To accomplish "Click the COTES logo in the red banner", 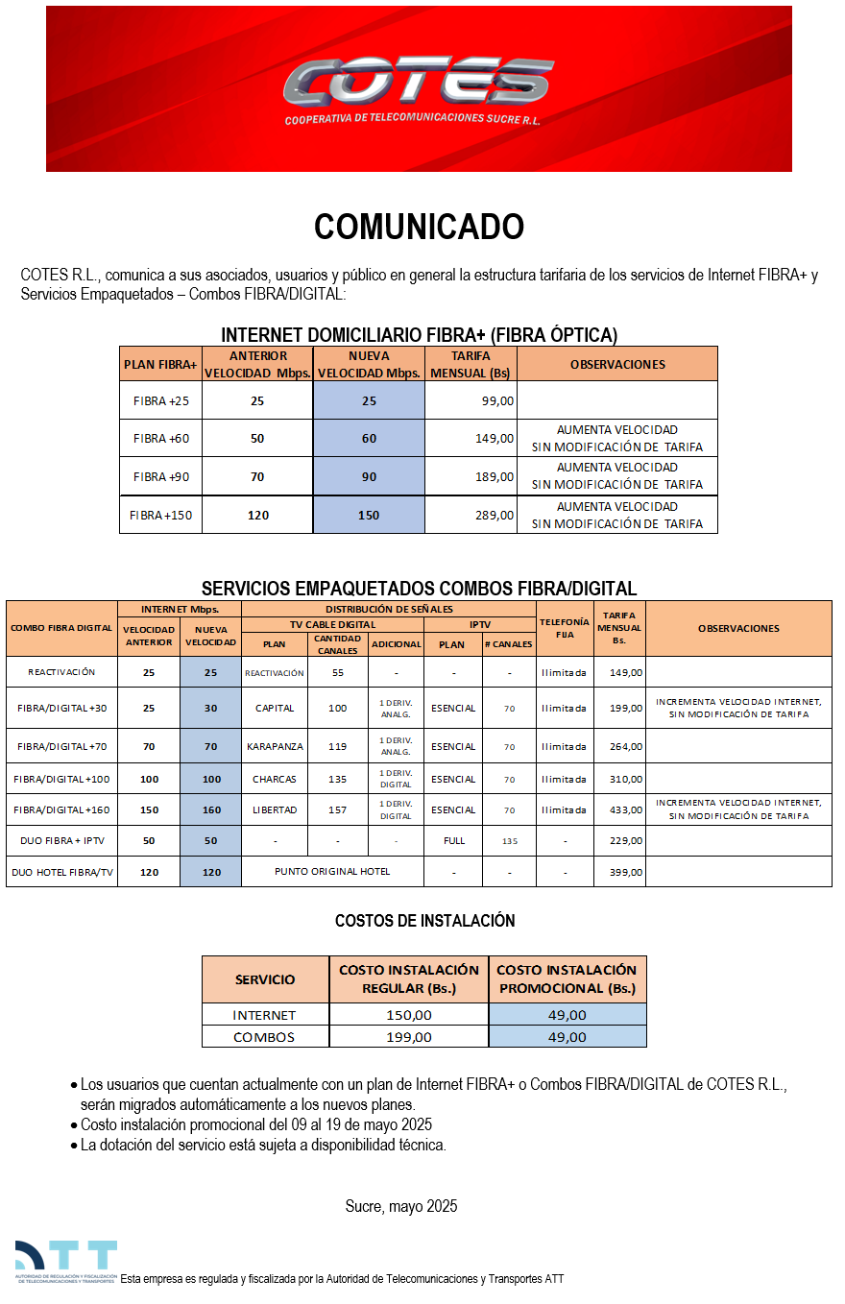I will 418,85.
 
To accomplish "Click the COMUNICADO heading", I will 419,228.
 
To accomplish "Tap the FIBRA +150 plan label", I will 160,516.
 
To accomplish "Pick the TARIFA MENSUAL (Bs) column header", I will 471,364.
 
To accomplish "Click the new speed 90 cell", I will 369,477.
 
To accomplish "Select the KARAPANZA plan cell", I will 274,746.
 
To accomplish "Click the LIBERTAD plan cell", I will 274,810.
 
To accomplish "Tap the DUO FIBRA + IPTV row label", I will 61,841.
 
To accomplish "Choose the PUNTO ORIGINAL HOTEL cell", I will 332,872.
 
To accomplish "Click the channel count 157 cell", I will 337,810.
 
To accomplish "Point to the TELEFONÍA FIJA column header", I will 565,628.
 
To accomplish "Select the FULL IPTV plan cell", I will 453,841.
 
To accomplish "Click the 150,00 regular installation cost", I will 408,1015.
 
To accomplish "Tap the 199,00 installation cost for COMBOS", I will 408,1037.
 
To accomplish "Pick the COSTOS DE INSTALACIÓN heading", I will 424,921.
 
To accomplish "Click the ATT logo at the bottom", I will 65,1262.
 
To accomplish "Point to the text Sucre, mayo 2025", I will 401,1206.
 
